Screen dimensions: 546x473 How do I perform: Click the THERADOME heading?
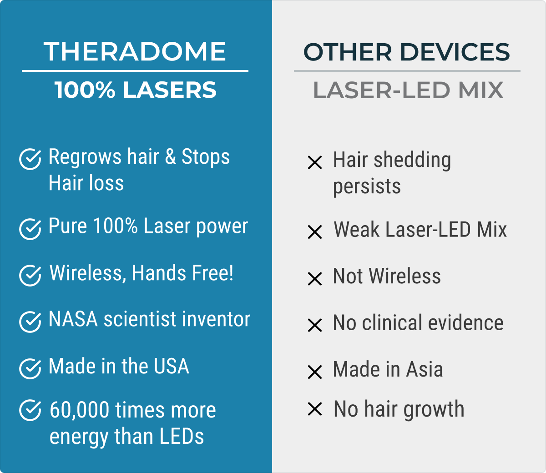(135, 51)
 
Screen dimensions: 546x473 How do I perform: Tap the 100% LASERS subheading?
(135, 90)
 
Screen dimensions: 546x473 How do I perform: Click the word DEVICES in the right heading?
(455, 52)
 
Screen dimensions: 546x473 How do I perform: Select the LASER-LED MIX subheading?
(408, 90)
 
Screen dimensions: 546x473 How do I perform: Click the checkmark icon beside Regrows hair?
(30, 159)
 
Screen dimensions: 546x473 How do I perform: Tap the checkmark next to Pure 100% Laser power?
(30, 229)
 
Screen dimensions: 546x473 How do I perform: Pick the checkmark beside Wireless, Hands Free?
(30, 276)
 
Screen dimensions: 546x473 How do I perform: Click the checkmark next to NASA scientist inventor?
(30, 322)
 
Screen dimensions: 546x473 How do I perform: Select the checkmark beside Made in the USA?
(30, 368)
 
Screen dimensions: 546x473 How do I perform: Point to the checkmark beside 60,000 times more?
(30, 410)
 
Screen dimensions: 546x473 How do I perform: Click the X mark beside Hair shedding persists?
(315, 162)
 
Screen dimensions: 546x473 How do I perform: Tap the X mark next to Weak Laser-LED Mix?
(315, 232)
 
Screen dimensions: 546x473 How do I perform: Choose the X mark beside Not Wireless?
(315, 279)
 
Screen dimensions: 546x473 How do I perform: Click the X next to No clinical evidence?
(315, 325)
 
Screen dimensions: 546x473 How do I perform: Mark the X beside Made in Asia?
(315, 372)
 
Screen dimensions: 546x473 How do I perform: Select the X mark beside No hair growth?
(315, 409)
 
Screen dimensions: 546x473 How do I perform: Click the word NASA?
(73, 319)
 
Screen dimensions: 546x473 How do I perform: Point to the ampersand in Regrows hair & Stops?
(170, 156)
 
